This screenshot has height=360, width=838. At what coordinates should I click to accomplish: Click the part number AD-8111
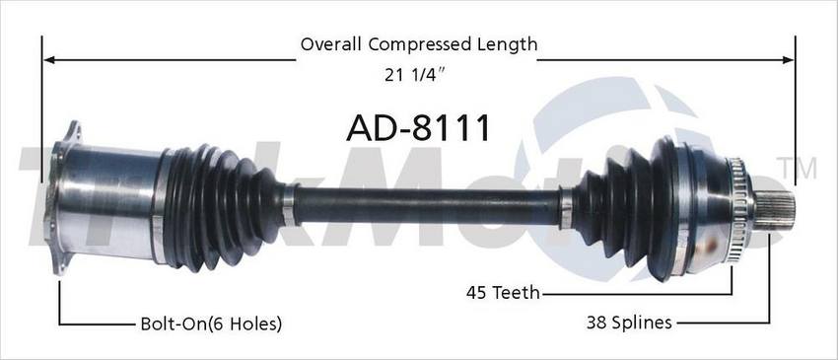pos(418,128)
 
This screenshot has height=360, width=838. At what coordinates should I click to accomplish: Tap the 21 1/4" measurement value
pos(415,75)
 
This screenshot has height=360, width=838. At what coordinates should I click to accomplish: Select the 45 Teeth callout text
pos(503,293)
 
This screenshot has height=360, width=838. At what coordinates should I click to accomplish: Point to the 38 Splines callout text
pos(629,323)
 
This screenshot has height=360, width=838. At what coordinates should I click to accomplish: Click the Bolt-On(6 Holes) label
pos(211,324)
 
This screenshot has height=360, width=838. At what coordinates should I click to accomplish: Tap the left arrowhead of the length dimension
pos(49,59)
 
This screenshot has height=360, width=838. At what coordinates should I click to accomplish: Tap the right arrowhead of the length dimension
pos(789,59)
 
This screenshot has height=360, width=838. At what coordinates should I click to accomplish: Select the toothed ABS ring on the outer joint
pos(736,210)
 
